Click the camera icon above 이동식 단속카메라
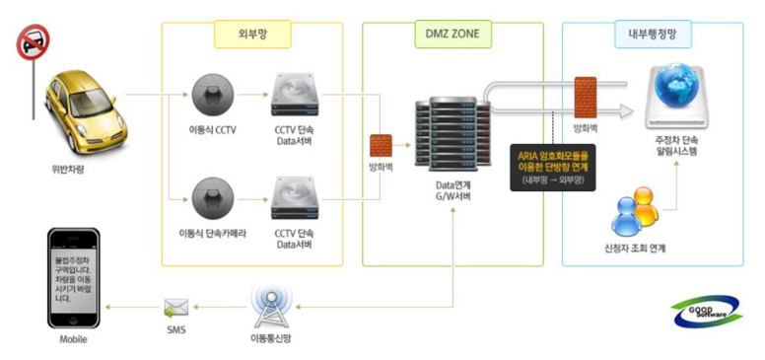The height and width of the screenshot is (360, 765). (x=212, y=194)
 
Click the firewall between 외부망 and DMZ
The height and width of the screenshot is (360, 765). (x=381, y=146)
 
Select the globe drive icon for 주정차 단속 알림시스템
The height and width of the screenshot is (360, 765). (x=681, y=96)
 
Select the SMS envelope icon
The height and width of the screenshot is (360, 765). (x=177, y=308)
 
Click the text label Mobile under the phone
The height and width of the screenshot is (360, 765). (x=73, y=339)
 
